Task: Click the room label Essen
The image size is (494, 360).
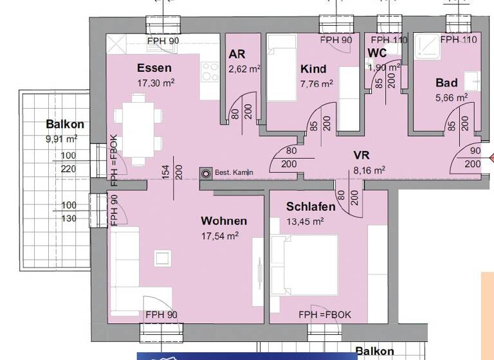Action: (154, 68)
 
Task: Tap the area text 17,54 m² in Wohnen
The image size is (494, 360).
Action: (221, 235)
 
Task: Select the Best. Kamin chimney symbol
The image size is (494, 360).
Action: (206, 172)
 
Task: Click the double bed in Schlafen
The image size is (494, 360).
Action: (305, 264)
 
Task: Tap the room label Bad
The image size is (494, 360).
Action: (446, 83)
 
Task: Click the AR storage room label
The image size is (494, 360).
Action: (237, 55)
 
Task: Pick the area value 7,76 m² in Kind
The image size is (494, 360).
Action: (316, 84)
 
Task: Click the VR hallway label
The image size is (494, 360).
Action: (361, 156)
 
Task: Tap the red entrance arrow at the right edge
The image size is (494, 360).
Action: (490, 157)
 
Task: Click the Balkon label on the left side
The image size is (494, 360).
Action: (65, 124)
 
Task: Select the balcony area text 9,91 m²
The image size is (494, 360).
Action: (62, 138)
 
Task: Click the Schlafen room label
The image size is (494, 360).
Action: (311, 207)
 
